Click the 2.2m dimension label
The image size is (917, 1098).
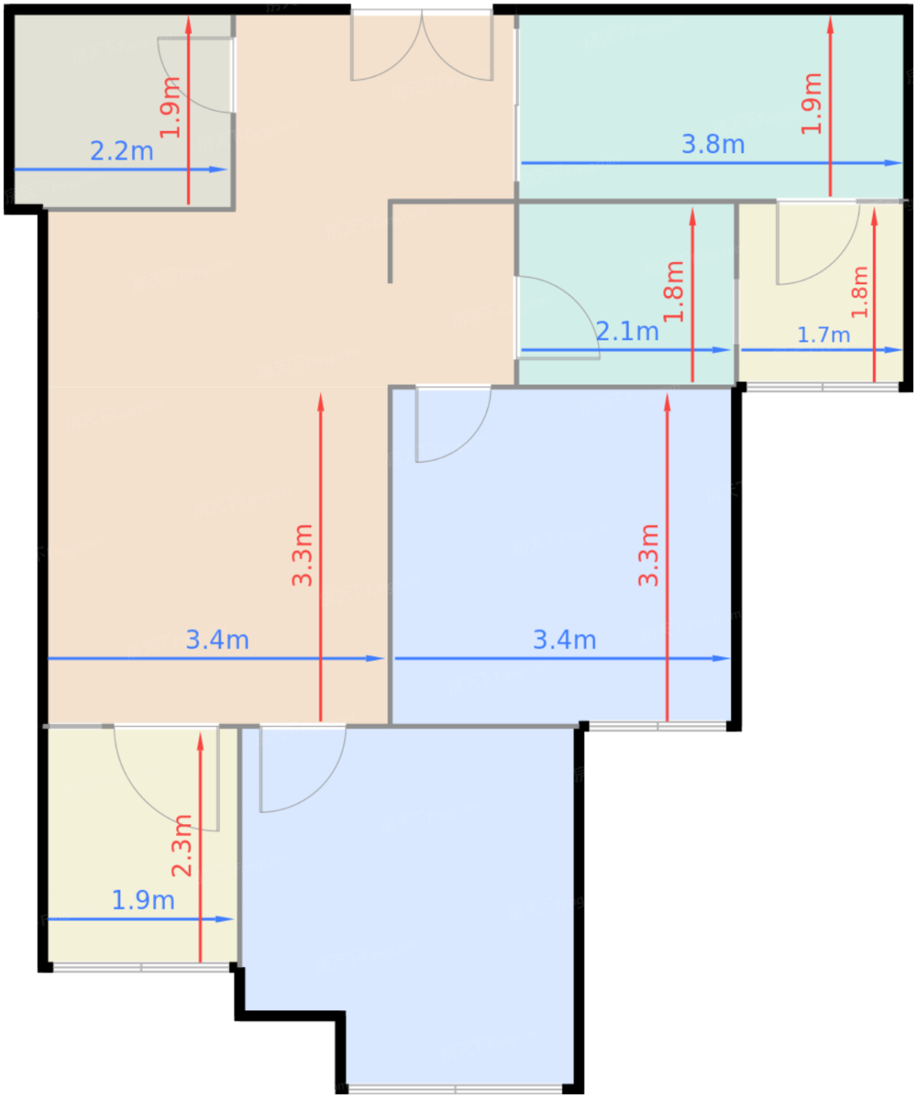[x=122, y=151]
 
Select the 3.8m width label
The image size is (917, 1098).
[x=713, y=144]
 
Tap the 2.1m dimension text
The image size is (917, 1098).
[x=627, y=331]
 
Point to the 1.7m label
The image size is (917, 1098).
[x=824, y=335]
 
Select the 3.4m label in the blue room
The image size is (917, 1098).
[x=565, y=640]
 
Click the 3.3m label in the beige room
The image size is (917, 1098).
[x=303, y=555]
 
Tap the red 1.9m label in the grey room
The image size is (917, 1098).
[x=170, y=107]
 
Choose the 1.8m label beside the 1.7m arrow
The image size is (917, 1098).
[x=859, y=293]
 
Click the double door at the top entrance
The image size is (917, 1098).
[x=421, y=46]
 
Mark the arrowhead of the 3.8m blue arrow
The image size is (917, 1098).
[x=893, y=163]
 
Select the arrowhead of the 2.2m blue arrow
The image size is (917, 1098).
[x=218, y=169]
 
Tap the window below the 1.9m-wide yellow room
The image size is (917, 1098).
[x=141, y=968]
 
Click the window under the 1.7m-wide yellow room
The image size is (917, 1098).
[x=822, y=387]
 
